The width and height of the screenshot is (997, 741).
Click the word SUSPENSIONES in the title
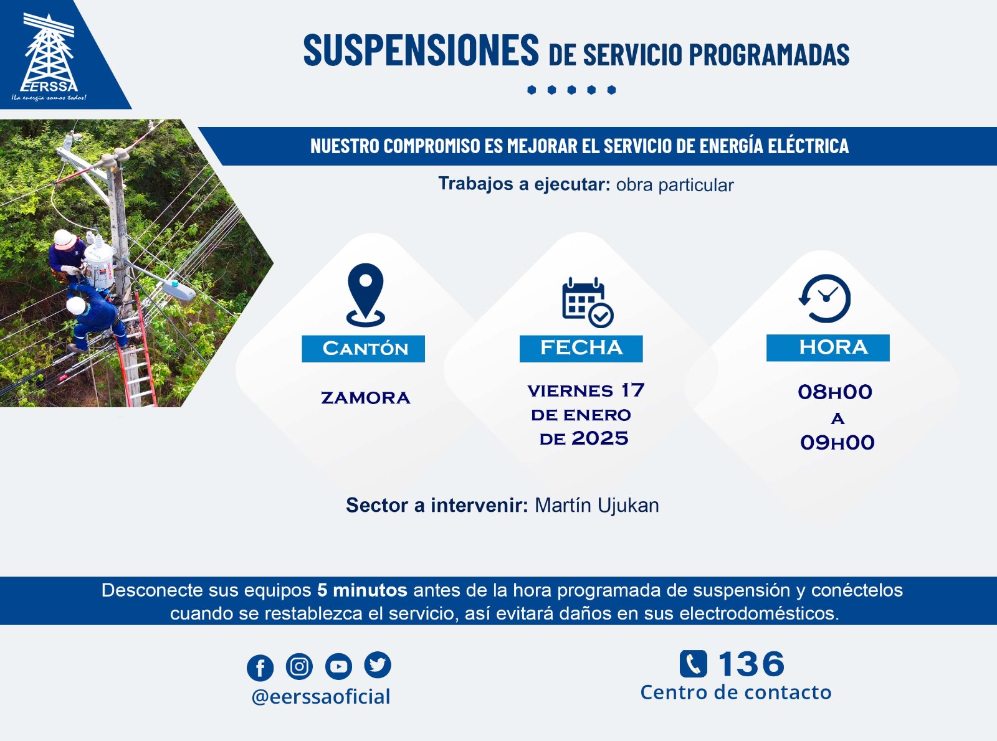click(x=421, y=50)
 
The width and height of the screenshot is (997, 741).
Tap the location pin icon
click(x=365, y=295)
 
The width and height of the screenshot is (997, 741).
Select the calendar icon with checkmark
click(x=588, y=302)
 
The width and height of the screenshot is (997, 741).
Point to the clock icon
click(x=825, y=298)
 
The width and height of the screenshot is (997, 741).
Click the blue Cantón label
click(x=363, y=349)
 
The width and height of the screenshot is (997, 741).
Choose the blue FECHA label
click(x=581, y=348)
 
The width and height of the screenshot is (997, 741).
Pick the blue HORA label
click(x=828, y=347)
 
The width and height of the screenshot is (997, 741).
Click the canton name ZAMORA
click(x=365, y=398)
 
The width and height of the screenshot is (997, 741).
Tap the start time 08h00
click(x=835, y=392)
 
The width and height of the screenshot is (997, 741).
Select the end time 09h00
click(x=837, y=443)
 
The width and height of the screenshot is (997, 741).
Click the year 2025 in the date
click(x=599, y=438)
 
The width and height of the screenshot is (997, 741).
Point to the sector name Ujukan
click(x=628, y=506)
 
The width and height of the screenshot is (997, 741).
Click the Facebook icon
click(x=260, y=668)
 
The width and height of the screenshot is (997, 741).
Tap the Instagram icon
click(x=299, y=666)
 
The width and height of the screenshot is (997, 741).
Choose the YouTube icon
click(x=338, y=666)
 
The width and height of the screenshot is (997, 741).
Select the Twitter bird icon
click(x=378, y=664)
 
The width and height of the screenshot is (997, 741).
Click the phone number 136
click(x=751, y=664)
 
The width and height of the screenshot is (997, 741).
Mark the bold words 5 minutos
click(x=362, y=590)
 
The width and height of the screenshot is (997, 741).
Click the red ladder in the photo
click(x=138, y=351)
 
